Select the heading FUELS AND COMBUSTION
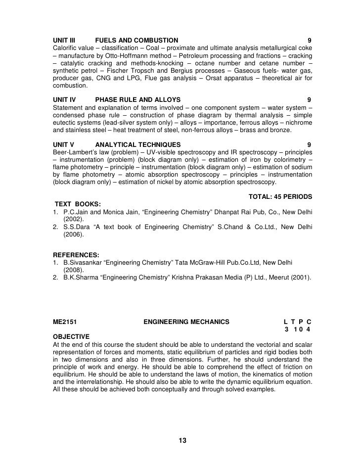coord(136,40)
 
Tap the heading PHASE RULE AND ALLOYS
coord(137,99)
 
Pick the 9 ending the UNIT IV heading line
coord(309,99)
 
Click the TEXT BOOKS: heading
coord(78,204)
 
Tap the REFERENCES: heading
coord(76,254)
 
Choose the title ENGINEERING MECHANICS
coord(186,322)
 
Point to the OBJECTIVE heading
coord(71,336)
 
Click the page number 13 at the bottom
coord(181,441)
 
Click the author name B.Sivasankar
coord(82,262)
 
